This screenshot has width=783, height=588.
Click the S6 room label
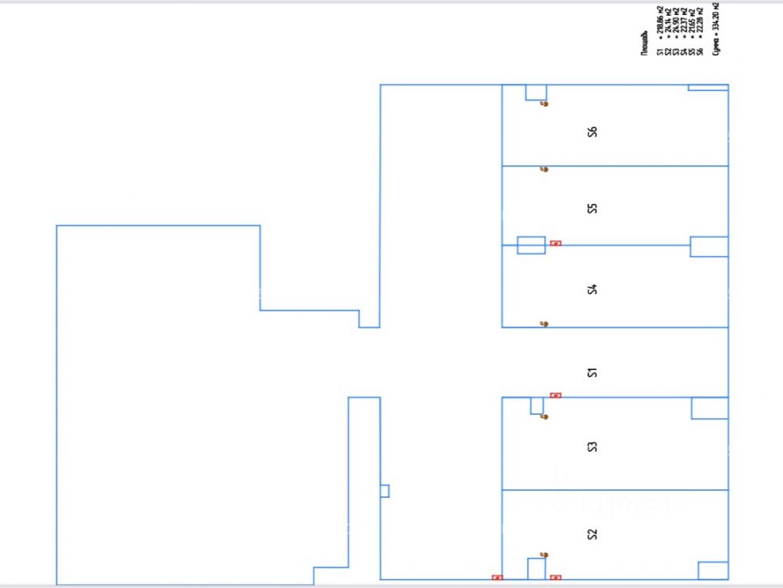(x=593, y=132)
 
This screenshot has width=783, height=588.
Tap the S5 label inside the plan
(x=593, y=208)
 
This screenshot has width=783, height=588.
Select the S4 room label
(x=593, y=289)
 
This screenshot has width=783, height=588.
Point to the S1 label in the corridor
(x=593, y=371)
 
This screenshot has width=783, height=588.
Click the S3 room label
(x=593, y=447)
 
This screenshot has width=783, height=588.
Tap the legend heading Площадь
(x=645, y=42)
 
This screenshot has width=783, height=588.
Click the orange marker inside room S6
(x=545, y=103)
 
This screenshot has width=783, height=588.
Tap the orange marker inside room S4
(x=545, y=323)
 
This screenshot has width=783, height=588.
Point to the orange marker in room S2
(x=545, y=554)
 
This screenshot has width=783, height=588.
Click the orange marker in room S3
(x=545, y=416)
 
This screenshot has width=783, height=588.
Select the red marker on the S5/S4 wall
(x=555, y=243)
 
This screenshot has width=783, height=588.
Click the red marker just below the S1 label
(x=555, y=395)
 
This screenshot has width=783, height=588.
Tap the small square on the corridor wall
(x=384, y=491)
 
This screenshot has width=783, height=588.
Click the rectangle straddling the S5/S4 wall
(x=531, y=245)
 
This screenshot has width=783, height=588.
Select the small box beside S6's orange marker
(x=536, y=93)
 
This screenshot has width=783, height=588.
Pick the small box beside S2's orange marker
(x=536, y=568)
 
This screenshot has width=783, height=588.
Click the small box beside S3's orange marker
(x=536, y=405)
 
